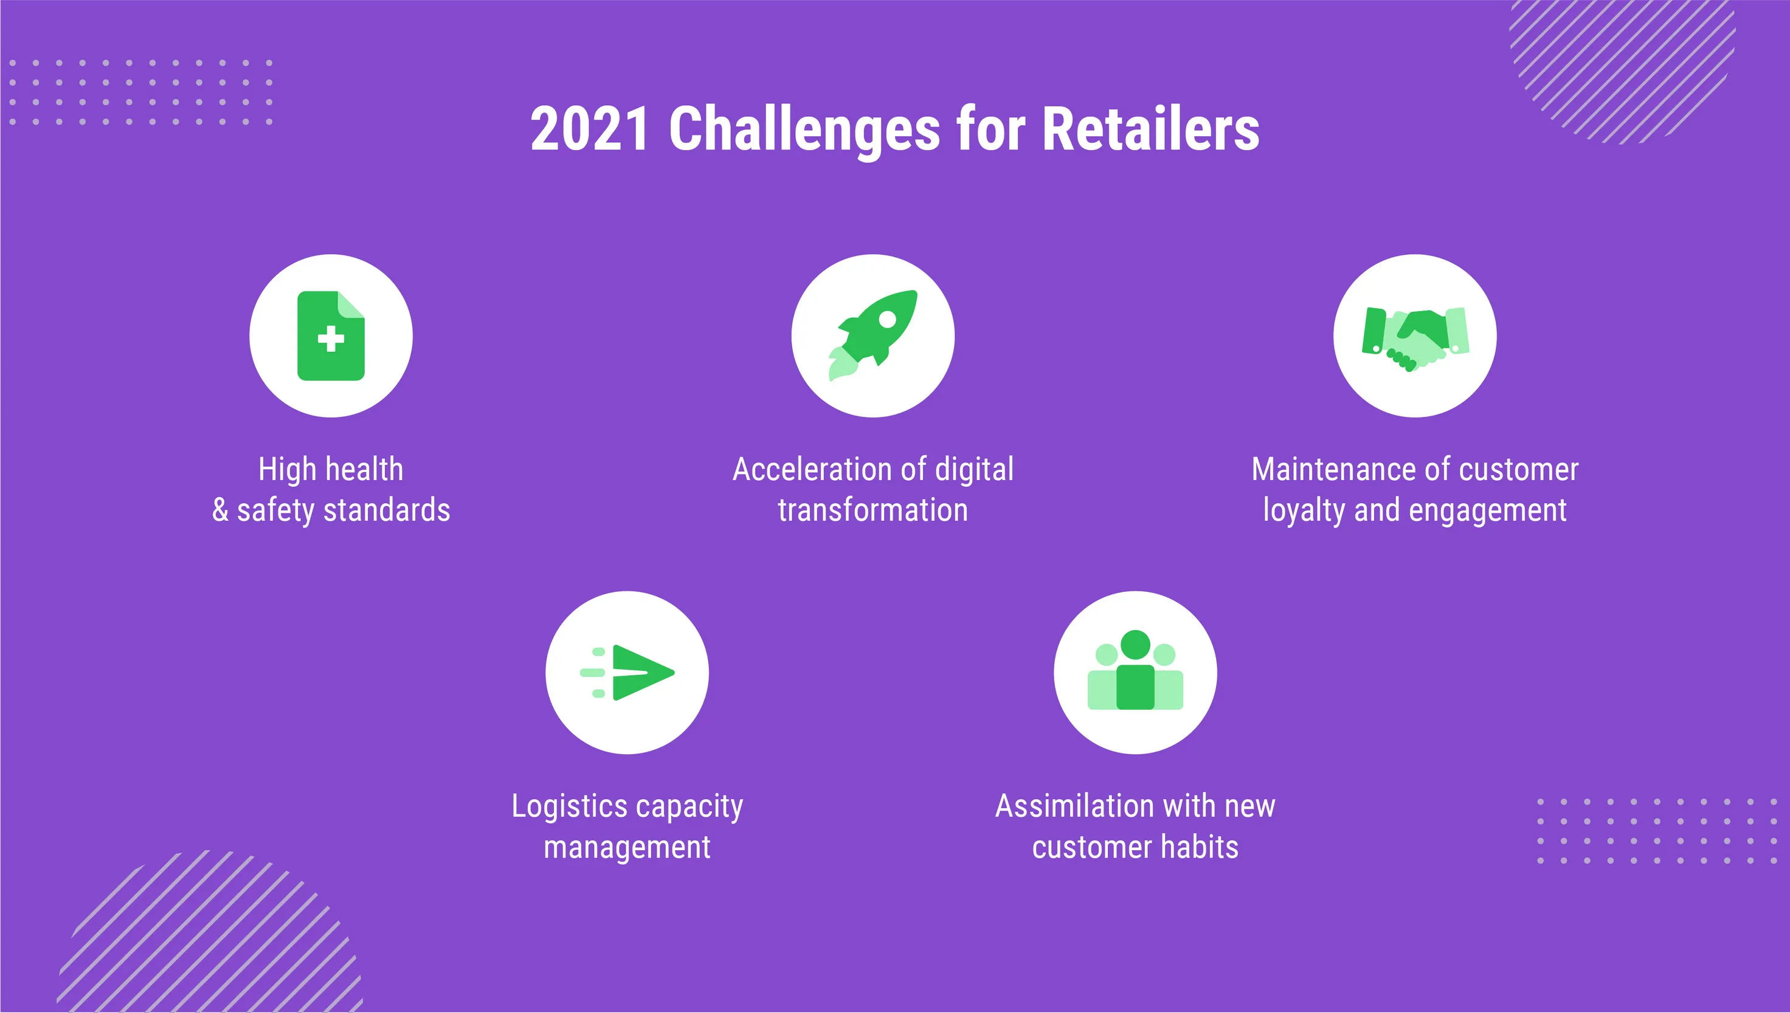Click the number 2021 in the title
click(590, 129)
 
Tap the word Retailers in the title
click(1150, 129)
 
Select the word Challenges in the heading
click(804, 132)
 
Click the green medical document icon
click(331, 336)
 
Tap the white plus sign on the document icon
click(331, 339)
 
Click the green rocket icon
click(873, 335)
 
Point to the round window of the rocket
click(887, 320)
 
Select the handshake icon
click(1415, 340)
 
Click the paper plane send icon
click(627, 672)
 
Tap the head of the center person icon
click(1135, 644)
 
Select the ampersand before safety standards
click(220, 510)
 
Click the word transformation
click(873, 510)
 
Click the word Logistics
click(570, 807)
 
